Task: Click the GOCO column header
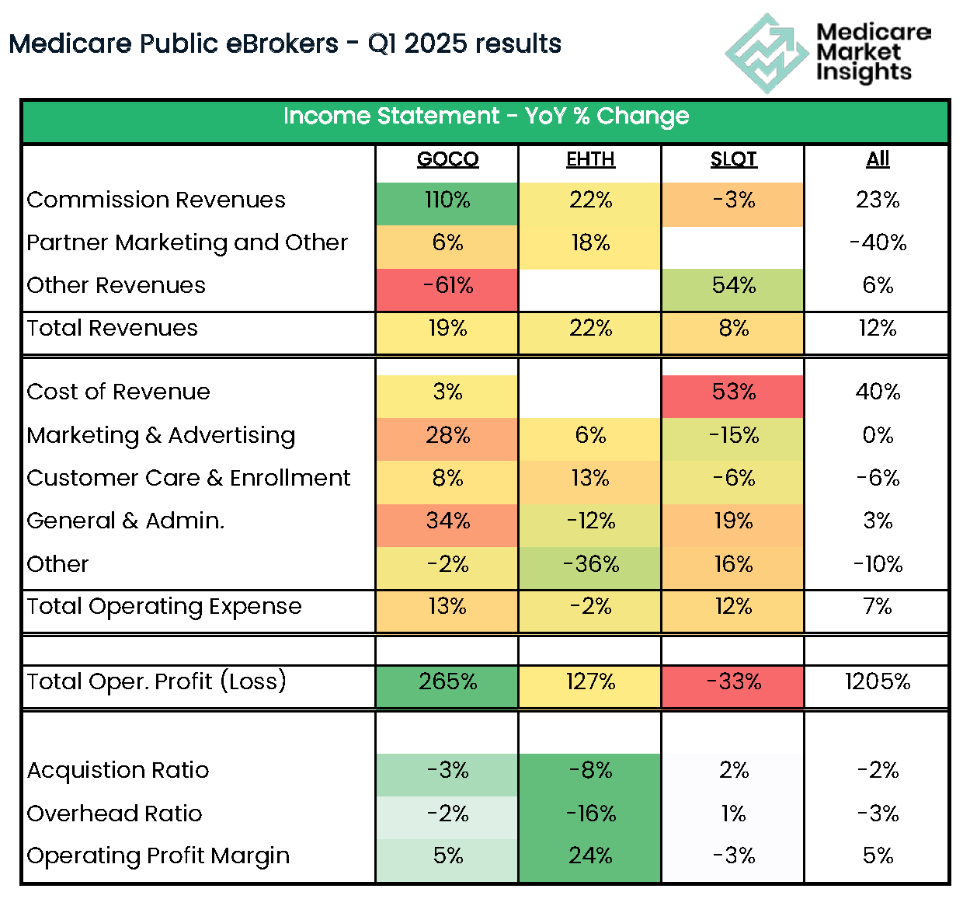point(447,159)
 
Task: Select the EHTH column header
point(590,159)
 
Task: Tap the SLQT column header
point(733,159)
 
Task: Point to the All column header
point(878,159)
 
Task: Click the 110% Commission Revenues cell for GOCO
point(447,200)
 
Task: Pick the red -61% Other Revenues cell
point(447,286)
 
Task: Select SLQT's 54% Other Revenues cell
point(733,286)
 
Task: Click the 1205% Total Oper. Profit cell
point(878,682)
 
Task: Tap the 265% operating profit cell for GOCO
point(447,682)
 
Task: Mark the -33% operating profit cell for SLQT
point(733,682)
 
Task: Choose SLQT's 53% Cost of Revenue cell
point(733,392)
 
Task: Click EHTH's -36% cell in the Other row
point(590,565)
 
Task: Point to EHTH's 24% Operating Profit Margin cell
point(590,856)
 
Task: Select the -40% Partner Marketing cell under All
point(878,243)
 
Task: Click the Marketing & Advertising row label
point(161,436)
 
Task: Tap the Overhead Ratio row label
point(114,814)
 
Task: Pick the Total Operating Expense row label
point(164,607)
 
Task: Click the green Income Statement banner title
point(485,117)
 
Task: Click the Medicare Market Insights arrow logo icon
point(766,53)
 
